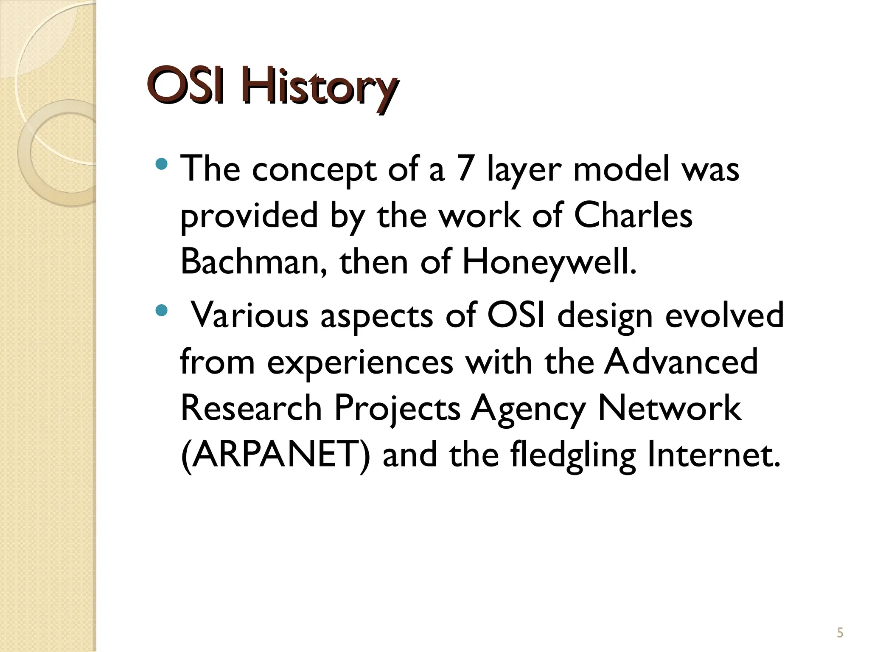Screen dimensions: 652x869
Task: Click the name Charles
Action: point(633,216)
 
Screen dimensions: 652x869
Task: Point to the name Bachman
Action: point(253,262)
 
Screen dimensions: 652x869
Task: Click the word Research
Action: point(251,408)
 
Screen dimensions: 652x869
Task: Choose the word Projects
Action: point(397,409)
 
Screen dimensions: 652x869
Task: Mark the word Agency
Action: point(528,409)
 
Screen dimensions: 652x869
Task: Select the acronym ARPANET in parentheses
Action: point(275,455)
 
